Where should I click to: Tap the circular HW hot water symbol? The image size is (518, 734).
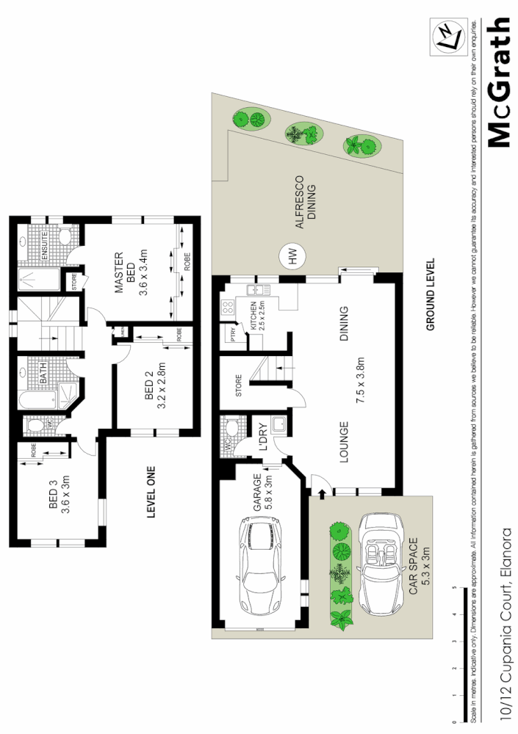click(x=292, y=258)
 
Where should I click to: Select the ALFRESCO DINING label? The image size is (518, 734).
click(x=305, y=207)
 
